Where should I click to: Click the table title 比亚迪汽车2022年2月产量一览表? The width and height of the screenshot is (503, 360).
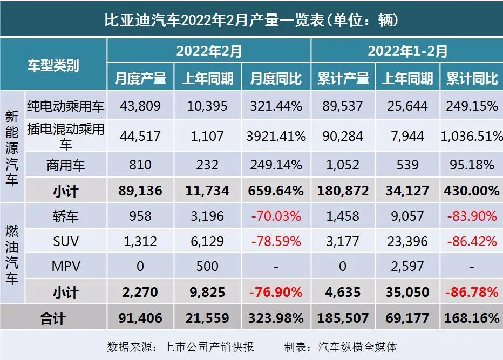[x=251, y=20]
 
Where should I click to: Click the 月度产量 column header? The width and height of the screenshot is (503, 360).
[x=140, y=78]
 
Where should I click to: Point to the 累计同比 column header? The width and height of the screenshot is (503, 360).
[x=472, y=78]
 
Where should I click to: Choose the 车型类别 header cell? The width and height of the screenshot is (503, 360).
[x=53, y=65]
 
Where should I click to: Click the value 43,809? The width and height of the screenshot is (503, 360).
[x=140, y=106]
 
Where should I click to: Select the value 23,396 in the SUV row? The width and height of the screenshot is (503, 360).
[x=407, y=241]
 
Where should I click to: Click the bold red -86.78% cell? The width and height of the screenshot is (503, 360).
[x=472, y=292]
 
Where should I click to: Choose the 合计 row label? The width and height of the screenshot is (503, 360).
[x=53, y=318]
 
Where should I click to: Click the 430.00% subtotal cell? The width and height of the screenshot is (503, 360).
[x=472, y=190]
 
